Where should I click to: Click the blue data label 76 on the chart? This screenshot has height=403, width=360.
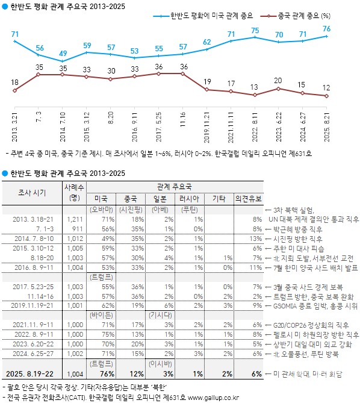pyautogui.click(x=326, y=29)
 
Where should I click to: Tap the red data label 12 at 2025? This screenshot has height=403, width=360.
pyautogui.click(x=326, y=88)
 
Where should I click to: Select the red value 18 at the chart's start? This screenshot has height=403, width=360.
pyautogui.click(x=14, y=82)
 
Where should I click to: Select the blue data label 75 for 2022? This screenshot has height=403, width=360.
pyautogui.click(x=255, y=30)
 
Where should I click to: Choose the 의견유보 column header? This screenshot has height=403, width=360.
pyautogui.click(x=248, y=198)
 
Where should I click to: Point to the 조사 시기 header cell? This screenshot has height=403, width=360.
pyautogui.click(x=31, y=192)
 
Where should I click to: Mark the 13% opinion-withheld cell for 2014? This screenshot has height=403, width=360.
pyautogui.click(x=255, y=239)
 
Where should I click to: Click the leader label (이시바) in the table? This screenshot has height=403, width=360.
pyautogui.click(x=160, y=364)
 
